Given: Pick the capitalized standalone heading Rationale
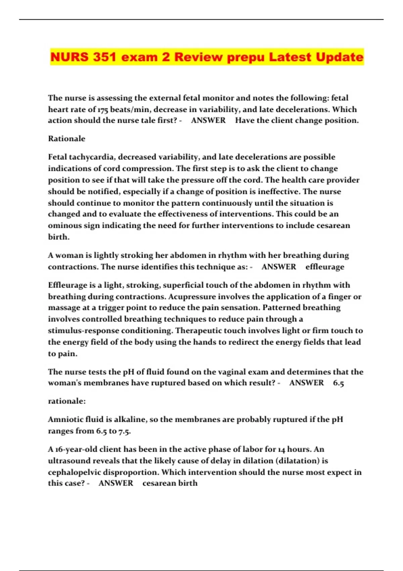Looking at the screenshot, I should tap(66, 139).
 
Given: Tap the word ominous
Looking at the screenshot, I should tap(64, 225).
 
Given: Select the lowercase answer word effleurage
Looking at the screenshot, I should tap(325, 267).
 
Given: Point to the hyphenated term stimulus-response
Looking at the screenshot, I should tap(83, 331).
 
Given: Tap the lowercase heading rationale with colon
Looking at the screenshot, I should tap(67, 401).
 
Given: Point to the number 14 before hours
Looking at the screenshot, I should tap(281, 449).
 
